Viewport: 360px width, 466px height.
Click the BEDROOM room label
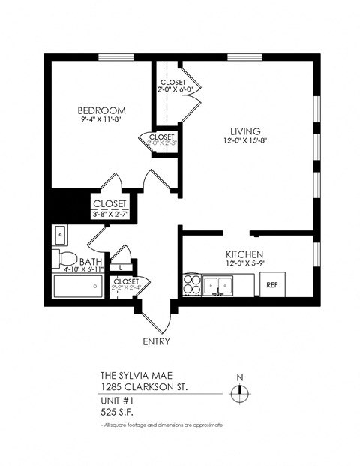(101, 110)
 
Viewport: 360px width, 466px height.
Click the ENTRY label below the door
(155, 341)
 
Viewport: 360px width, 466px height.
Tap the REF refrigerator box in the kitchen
(272, 284)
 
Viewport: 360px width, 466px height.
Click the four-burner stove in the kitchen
(191, 284)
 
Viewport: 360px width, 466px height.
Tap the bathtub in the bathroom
(77, 287)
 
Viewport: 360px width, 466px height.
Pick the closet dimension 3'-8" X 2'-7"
(110, 214)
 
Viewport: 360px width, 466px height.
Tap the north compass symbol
(240, 390)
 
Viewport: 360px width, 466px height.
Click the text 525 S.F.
(118, 410)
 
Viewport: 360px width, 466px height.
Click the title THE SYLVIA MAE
(135, 376)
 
